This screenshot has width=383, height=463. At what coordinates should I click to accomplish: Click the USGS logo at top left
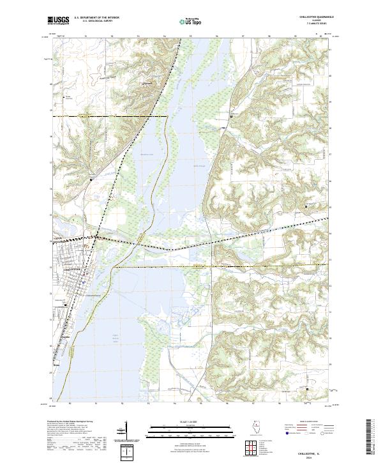coord(59,20)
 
